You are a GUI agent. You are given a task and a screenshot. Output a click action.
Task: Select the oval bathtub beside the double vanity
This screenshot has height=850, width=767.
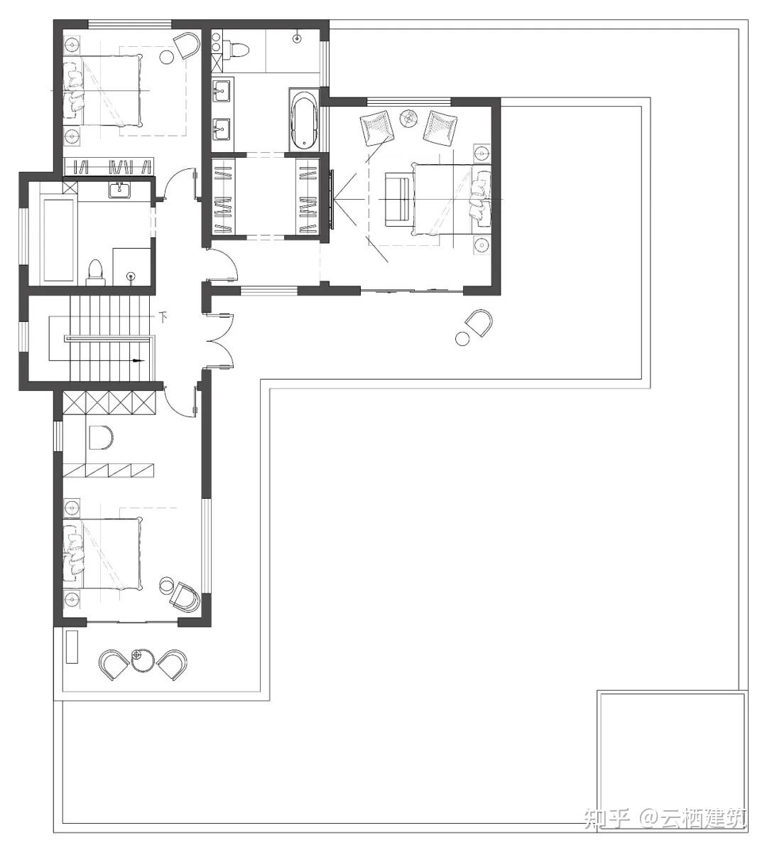point(303,120)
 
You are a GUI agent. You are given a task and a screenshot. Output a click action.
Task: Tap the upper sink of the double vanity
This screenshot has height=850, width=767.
point(222,90)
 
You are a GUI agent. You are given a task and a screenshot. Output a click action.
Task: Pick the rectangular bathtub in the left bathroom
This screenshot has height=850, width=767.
point(58,240)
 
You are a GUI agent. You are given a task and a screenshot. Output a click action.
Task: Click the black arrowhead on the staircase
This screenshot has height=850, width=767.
point(140,360)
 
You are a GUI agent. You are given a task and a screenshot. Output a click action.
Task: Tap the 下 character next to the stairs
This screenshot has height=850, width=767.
point(164,315)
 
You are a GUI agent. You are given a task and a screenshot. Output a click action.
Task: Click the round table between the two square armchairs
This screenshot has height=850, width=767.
point(410,118)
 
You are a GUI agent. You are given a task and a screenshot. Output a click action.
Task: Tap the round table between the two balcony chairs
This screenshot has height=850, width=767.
point(143,660)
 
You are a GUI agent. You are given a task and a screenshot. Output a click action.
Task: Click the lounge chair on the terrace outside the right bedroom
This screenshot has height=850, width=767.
point(478,323)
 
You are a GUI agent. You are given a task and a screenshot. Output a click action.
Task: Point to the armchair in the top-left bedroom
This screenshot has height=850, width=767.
point(187,45)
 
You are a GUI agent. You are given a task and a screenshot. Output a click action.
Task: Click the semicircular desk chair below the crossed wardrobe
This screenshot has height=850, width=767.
point(100,438)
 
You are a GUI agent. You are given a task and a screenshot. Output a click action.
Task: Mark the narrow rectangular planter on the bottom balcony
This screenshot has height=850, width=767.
point(72,647)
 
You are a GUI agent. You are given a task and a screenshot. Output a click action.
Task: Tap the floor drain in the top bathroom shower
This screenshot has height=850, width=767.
point(297,38)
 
